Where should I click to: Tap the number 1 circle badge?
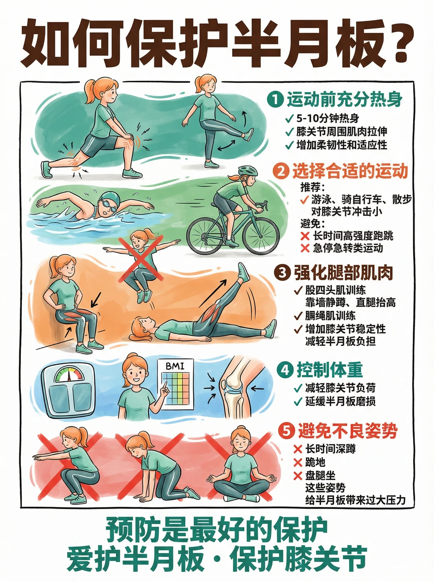pyautogui.click(x=275, y=100)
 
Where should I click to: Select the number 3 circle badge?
pyautogui.click(x=283, y=272)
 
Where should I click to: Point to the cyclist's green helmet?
pyautogui.click(x=248, y=171)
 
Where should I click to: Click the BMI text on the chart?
pyautogui.click(x=175, y=366)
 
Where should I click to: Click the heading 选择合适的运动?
pyautogui.click(x=350, y=171)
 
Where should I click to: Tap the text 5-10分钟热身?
pyautogui.click(x=328, y=118)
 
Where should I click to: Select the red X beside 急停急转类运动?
pyautogui.click(x=305, y=248)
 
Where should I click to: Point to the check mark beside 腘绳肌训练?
pyautogui.click(x=298, y=316)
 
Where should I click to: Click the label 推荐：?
pyautogui.click(x=313, y=188)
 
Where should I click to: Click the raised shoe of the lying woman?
pyautogui.click(x=244, y=273)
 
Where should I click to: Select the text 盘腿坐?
pyautogui.click(x=320, y=476)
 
